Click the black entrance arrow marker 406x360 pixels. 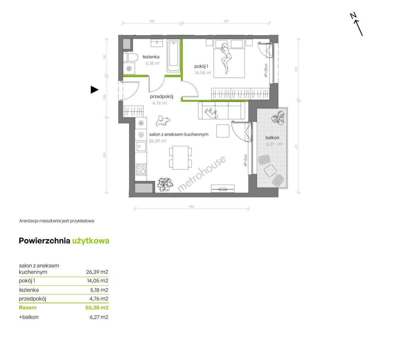[94, 90]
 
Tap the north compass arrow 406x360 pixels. [358, 28]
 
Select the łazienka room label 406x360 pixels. [151, 57]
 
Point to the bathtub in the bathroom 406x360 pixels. [173, 56]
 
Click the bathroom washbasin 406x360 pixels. [157, 43]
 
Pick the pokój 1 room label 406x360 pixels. [201, 66]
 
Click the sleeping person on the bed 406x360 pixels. [226, 58]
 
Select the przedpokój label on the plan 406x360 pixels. [162, 97]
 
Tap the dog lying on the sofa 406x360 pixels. [211, 113]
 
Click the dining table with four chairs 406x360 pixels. [180, 158]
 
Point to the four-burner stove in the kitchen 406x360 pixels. [141, 169]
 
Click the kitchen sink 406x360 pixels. [141, 146]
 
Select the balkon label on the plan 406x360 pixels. [272, 138]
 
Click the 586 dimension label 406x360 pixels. [191, 206]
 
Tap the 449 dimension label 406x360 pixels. [226, 21]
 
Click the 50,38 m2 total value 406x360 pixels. [97, 307]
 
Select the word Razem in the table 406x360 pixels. [28, 307]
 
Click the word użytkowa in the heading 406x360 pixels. [91, 241]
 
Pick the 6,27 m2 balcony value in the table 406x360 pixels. [99, 317]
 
